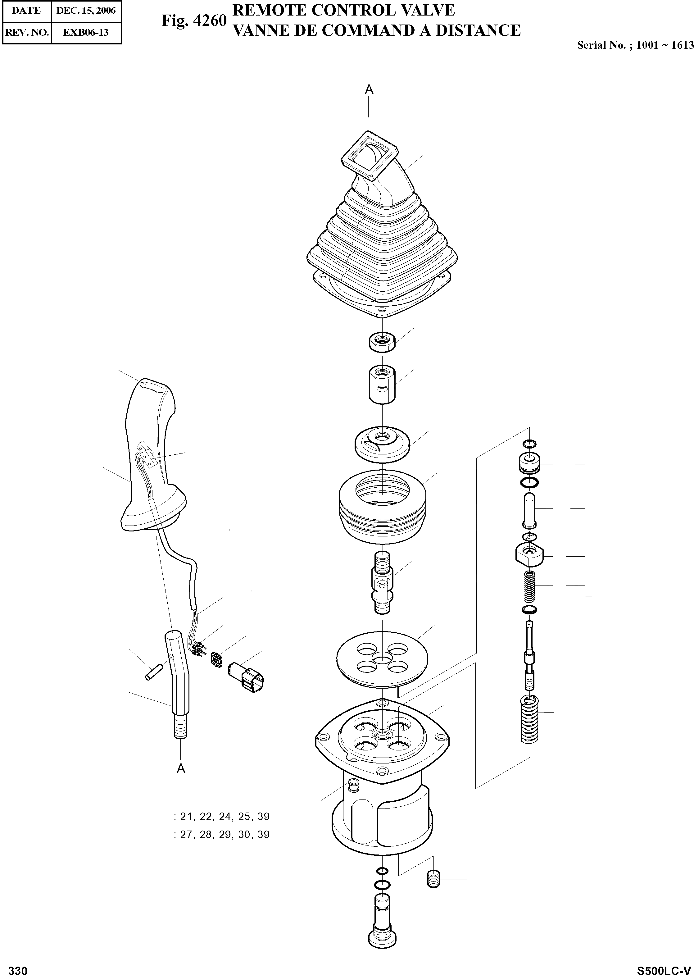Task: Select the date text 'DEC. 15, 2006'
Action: (x=86, y=11)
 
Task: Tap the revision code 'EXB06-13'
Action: (x=86, y=33)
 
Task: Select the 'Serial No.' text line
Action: (x=635, y=45)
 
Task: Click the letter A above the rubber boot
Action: (x=369, y=90)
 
